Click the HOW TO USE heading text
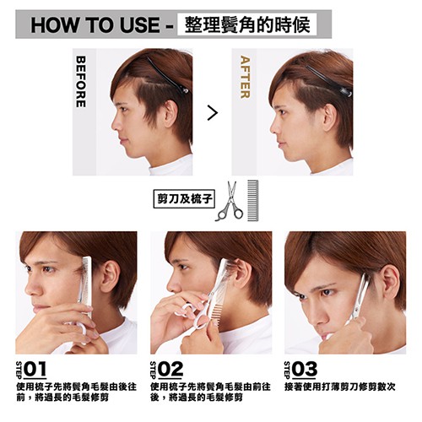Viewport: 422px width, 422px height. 95,25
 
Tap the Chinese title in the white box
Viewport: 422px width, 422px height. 247,24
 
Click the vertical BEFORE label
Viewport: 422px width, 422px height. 81,82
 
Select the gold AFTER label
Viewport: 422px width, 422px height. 245,77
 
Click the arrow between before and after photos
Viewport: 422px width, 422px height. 213,112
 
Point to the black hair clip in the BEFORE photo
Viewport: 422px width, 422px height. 168,76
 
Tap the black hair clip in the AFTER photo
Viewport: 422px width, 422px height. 328,81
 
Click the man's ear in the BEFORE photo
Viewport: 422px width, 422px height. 170,113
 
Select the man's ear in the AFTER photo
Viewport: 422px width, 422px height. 329,117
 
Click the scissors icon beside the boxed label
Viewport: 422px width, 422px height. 230,201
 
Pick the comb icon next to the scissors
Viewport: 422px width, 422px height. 252,200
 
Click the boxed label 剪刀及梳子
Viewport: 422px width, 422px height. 184,199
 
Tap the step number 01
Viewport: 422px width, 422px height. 35,369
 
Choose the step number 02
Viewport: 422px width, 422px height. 170,369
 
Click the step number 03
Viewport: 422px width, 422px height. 305,369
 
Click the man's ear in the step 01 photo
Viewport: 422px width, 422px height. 110,277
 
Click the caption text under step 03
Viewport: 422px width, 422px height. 340,387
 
